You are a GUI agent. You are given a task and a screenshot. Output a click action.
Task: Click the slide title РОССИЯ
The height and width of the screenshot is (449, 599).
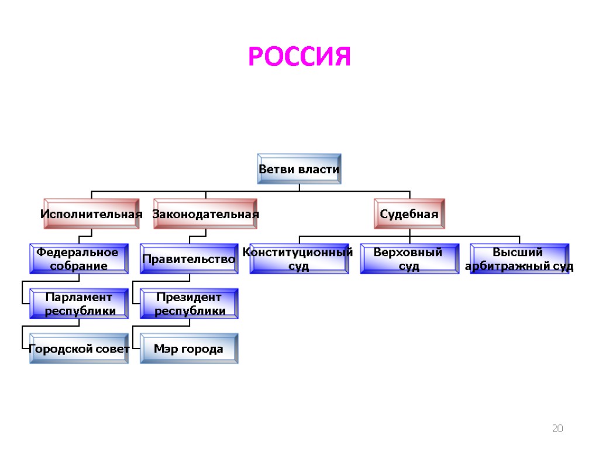pos(299,57)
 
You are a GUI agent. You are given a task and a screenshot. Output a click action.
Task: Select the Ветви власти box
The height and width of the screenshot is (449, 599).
pos(299,169)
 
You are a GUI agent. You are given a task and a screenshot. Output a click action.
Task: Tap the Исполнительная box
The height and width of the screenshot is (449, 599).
pos(91,214)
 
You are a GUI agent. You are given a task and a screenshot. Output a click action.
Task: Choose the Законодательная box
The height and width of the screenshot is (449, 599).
pos(205,214)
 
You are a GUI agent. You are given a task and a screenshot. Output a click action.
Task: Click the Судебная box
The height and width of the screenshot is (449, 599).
pos(409,214)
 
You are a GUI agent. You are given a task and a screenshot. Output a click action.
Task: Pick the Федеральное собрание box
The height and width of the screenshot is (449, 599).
pos(79,259)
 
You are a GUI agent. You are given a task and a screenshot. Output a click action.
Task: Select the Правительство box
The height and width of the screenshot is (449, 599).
pos(189,259)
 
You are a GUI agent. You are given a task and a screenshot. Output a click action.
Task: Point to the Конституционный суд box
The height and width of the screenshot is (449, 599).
pos(299,259)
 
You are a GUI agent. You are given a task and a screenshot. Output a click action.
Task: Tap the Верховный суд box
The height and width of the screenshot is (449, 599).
pos(409,259)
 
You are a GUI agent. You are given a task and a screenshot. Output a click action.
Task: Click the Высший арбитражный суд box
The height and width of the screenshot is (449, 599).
pos(519,259)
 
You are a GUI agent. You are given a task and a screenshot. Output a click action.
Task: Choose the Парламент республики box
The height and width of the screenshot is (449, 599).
pos(79,304)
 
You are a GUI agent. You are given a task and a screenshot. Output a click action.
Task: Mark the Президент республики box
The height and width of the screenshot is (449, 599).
pos(189,304)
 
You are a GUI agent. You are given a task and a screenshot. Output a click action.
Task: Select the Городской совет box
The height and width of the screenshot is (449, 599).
pos(79,349)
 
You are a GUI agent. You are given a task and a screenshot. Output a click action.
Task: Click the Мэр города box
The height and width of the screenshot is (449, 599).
pos(189,349)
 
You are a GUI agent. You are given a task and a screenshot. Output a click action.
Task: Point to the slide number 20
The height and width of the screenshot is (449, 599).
pos(557,429)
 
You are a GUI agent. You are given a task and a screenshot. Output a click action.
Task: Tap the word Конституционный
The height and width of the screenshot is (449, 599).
pos(298,252)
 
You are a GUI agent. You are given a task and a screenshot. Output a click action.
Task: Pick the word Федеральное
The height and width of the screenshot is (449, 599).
pos(77,252)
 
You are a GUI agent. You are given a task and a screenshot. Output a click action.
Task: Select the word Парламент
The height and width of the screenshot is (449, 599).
pos(80,297)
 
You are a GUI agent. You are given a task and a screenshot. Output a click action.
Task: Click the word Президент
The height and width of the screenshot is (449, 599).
pos(190,297)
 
